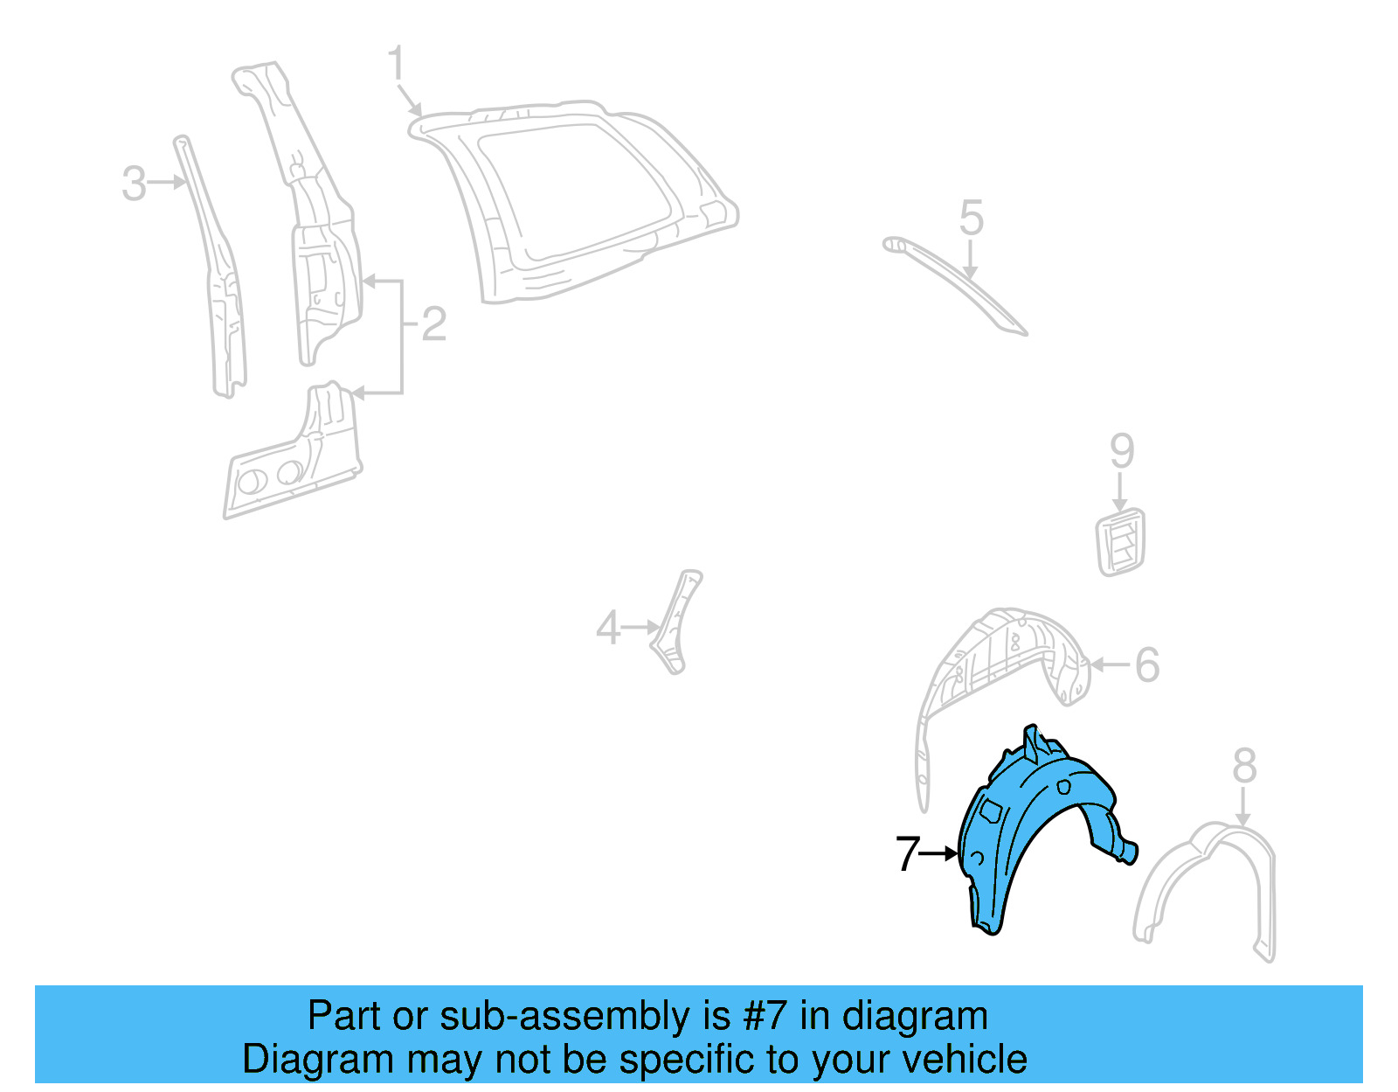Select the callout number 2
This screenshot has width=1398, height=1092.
pos(434,324)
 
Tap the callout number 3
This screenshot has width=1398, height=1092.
pos(134,184)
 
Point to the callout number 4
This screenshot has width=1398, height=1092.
pos(607,628)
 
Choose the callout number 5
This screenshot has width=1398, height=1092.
pos(971,218)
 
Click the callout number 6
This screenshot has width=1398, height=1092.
pos(1147,664)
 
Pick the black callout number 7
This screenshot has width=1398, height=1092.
pos(908,853)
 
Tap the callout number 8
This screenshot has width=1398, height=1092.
pos(1244,767)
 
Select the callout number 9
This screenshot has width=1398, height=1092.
pos(1122,451)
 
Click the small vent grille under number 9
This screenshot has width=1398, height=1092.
pos(1120,542)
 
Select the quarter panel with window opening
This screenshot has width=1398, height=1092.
pos(577,201)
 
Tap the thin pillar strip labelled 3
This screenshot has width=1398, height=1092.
pos(214,271)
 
